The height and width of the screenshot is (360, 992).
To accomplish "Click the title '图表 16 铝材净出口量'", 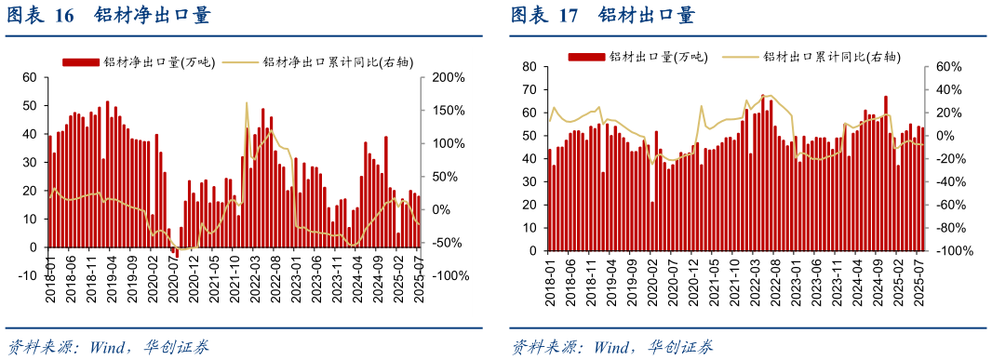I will [109, 16].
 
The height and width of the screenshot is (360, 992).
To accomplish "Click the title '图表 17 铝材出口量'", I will [603, 16].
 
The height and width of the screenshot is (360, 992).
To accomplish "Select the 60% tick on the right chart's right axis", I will [944, 67].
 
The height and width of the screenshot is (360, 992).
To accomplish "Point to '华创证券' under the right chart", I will [681, 347].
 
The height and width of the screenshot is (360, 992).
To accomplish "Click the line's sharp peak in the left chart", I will [246, 103].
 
